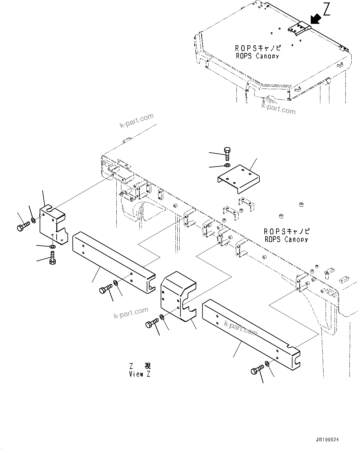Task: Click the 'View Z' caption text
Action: [x=140, y=374]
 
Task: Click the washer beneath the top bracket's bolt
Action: [x=227, y=165]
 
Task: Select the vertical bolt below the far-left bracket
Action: [x=52, y=258]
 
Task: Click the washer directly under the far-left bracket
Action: [x=52, y=247]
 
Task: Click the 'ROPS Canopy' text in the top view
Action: [x=257, y=52]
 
